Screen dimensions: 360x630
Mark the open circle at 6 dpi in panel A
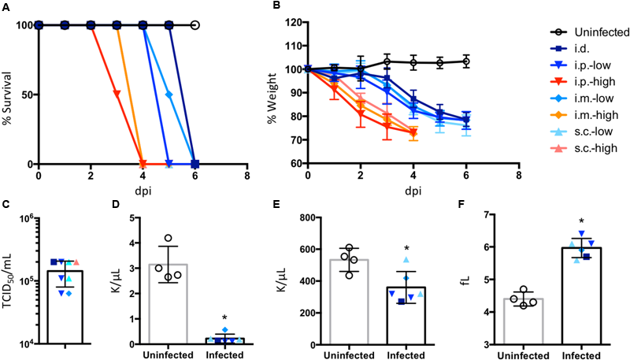(195, 25)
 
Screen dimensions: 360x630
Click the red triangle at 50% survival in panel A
(117, 95)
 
